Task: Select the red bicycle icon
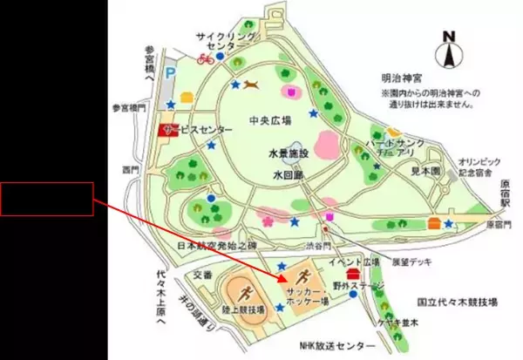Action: pyautogui.click(x=207, y=59)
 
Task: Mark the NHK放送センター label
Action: pyautogui.click(x=330, y=348)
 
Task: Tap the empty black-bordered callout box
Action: pyautogui.click(x=46, y=200)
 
